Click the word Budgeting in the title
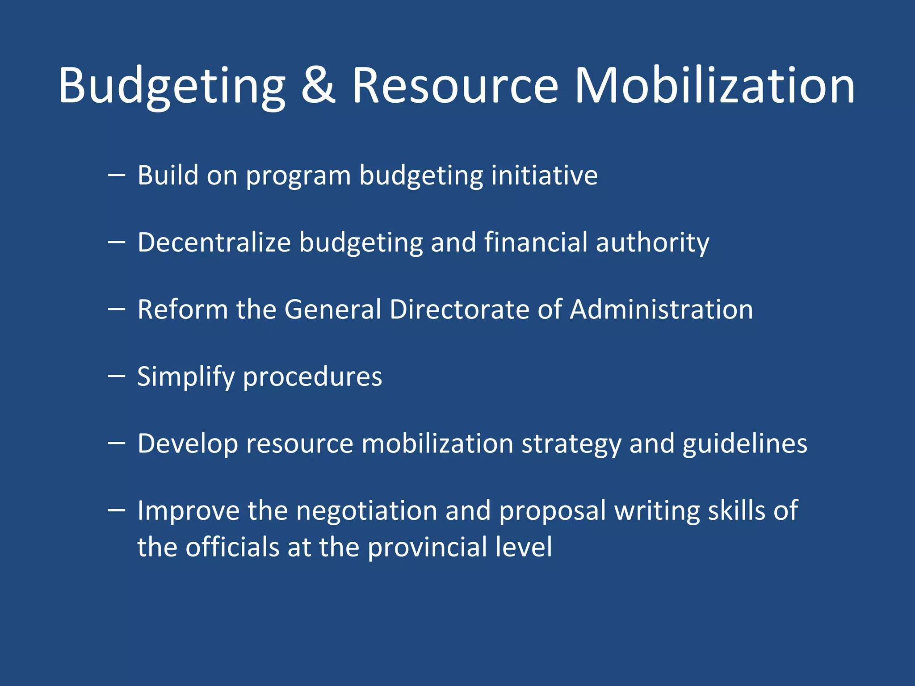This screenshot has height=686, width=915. [x=172, y=86]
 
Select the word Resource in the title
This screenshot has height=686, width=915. [x=455, y=86]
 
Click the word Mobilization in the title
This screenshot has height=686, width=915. [x=714, y=86]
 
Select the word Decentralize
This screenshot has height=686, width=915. [x=214, y=243]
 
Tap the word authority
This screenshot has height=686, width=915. [x=652, y=243]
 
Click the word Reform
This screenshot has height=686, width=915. [x=182, y=310]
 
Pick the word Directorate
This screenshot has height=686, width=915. [x=459, y=310]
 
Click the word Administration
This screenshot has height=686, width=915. [x=661, y=310]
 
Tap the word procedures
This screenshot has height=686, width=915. [x=312, y=377]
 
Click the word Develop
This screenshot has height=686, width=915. [x=188, y=444]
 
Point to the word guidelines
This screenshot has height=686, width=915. [x=745, y=444]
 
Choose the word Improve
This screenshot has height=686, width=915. [x=188, y=511]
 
